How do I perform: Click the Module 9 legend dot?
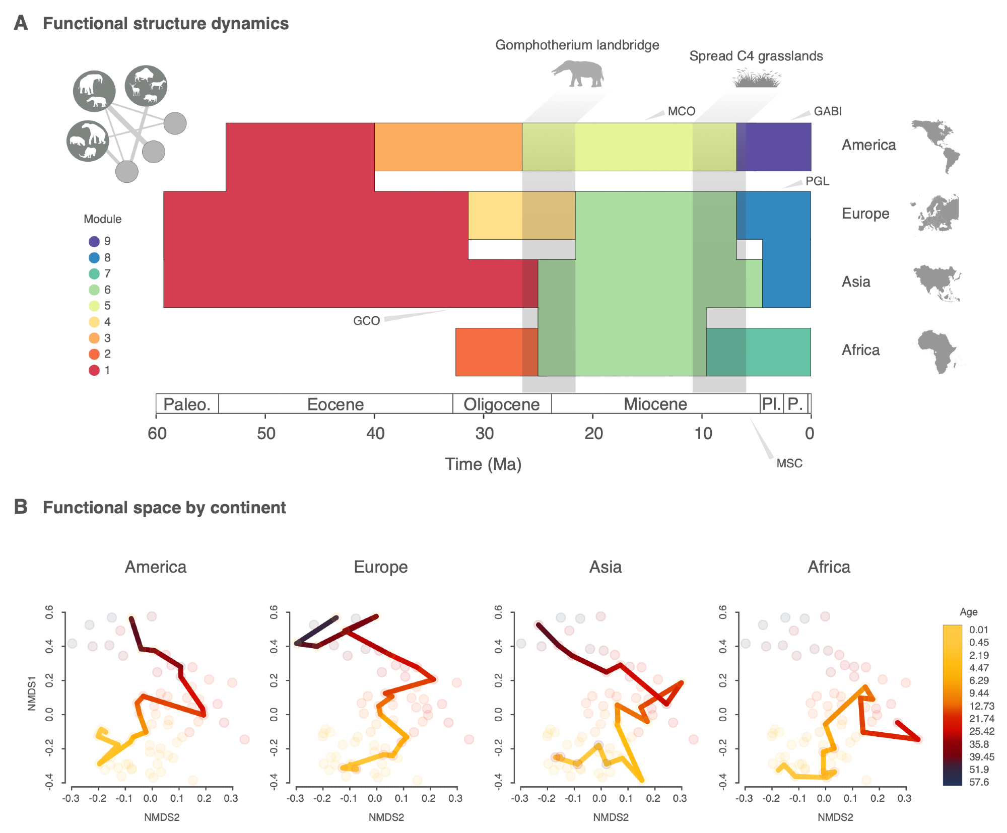94,241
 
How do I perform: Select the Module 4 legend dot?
94,322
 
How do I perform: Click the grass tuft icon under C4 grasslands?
756,79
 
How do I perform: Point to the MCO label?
681,111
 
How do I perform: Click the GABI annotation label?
828,111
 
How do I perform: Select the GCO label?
366,321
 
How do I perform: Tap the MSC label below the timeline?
789,463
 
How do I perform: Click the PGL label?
817,181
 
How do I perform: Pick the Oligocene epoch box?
502,404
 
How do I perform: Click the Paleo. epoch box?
187,404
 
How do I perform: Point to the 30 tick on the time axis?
484,433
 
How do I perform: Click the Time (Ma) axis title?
483,464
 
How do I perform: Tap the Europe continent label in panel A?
865,214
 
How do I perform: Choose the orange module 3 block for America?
448,147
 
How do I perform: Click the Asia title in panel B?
605,567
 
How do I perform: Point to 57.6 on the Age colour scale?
979,782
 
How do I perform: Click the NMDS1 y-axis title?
32,693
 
